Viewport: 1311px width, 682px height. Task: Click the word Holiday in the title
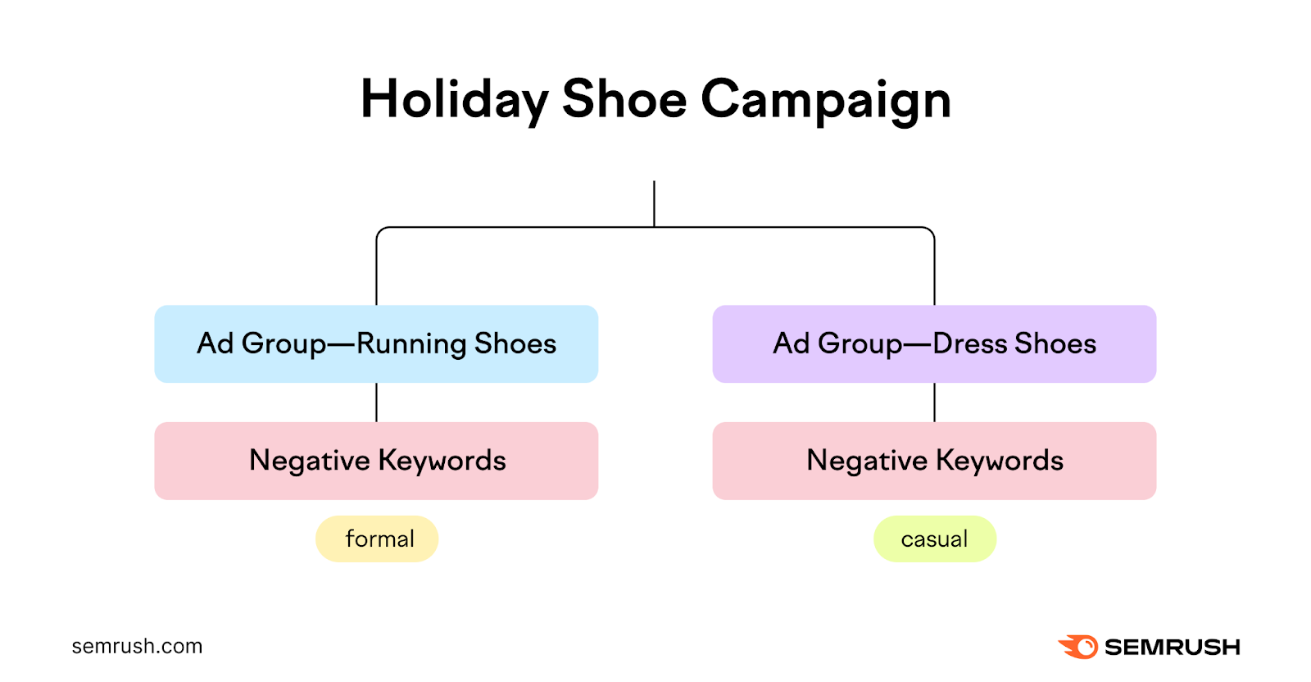[x=453, y=100]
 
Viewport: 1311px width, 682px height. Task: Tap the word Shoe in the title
[x=624, y=100]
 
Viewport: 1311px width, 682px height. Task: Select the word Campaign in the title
[x=825, y=100]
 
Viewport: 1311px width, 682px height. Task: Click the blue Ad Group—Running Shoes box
[x=376, y=343]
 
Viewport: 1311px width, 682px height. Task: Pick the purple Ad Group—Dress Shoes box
[x=934, y=343]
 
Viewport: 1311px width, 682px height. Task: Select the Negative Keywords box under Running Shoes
[x=376, y=461]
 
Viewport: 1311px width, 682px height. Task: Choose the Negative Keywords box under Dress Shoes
[x=934, y=461]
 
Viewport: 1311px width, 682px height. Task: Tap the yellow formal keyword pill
[x=377, y=539]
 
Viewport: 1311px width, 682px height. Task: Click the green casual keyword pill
[x=935, y=539]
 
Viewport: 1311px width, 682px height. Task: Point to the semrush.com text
[x=137, y=646]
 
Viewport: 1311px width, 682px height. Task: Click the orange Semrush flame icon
[x=1078, y=647]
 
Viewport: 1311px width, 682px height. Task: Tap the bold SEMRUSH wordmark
[x=1172, y=648]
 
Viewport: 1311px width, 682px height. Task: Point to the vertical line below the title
[x=654, y=203]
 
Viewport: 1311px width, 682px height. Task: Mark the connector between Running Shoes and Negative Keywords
[x=376, y=402]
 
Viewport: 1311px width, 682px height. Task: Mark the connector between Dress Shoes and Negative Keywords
[x=934, y=402]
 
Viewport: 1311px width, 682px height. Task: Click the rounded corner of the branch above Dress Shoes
[x=931, y=230]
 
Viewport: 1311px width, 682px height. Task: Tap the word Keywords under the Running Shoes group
[x=442, y=461]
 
